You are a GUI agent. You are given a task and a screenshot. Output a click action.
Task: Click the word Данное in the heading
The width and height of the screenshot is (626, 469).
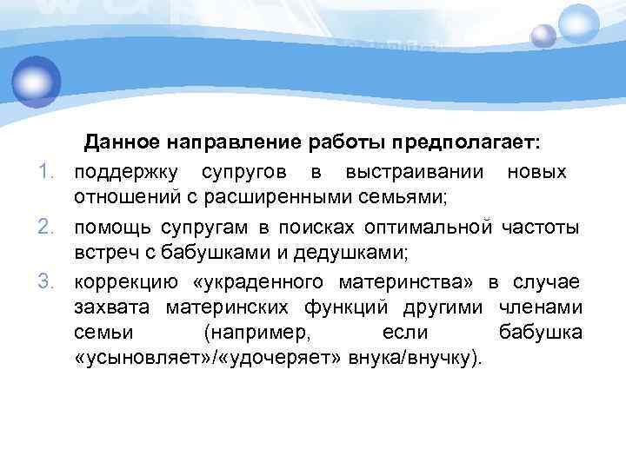pos(119,141)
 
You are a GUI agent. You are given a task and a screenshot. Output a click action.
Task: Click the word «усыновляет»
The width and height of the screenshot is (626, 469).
pos(143,359)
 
